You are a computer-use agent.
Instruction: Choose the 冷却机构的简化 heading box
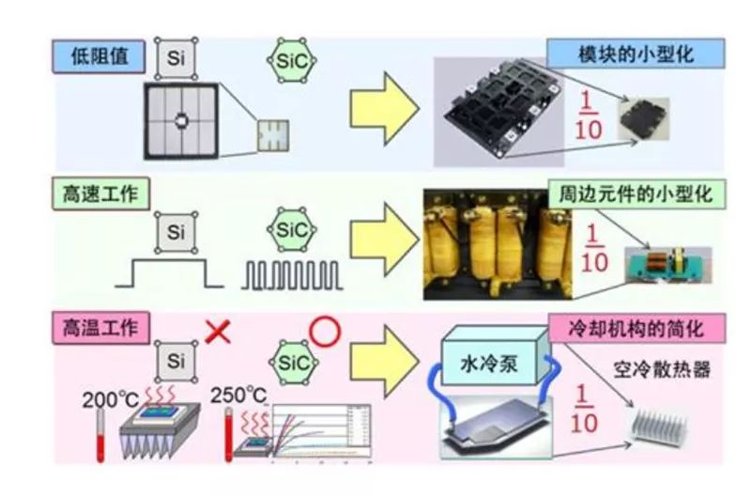[636, 329]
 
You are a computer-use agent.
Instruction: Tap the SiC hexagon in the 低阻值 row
[290, 58]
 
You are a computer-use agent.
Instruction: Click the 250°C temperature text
[241, 395]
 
